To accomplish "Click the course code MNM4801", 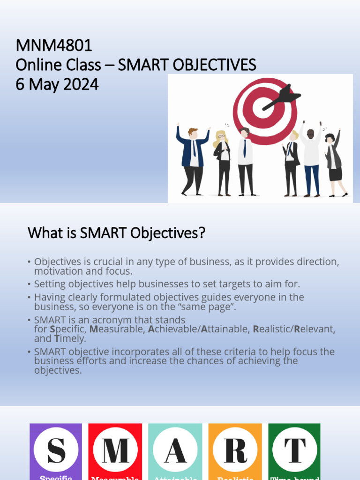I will [x=54, y=45].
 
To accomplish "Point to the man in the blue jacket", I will [x=192, y=157].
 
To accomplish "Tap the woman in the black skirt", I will [x=334, y=162].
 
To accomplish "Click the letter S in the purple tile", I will [x=56, y=450].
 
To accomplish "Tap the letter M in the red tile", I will [x=115, y=450].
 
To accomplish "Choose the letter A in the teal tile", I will [x=175, y=450].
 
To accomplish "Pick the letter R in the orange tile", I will [x=235, y=450].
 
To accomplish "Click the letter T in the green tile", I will [x=295, y=450].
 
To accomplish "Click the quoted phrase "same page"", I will [x=212, y=307].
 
